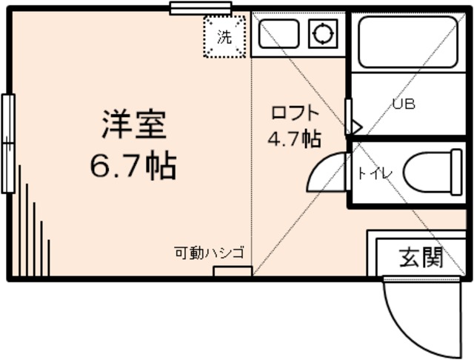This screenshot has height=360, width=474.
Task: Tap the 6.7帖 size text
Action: point(133,166)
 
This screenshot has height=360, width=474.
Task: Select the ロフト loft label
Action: point(295,113)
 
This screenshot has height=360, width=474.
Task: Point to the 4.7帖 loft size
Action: point(294,139)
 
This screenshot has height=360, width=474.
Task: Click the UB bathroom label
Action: point(404,104)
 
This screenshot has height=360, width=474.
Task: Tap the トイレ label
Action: point(375,173)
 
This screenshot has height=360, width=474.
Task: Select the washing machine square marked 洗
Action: point(224,36)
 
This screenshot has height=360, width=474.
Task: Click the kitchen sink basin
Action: point(278,33)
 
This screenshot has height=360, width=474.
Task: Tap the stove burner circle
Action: point(323,33)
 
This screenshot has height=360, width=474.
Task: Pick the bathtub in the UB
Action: point(408,41)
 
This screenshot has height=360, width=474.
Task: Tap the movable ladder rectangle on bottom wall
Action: point(228,271)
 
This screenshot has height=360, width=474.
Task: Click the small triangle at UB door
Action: point(355,127)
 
